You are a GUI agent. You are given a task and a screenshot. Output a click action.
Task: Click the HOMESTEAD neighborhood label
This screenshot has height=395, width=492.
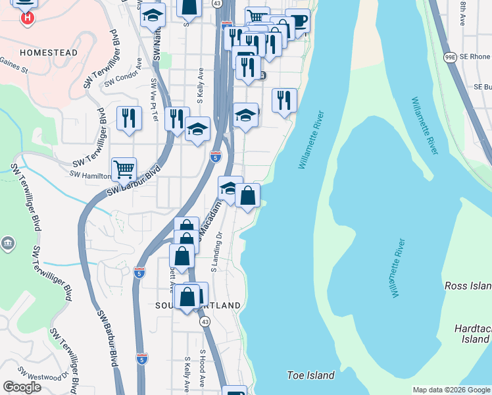coord(49,52)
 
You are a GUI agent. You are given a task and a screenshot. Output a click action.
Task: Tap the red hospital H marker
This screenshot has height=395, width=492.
coord(28,18)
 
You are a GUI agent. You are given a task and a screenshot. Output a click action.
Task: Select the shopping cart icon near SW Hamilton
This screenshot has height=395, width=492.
coord(124,169)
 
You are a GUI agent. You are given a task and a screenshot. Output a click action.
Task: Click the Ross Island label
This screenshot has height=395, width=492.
coord(468,286)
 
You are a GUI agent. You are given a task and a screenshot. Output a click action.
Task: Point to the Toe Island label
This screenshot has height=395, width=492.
coord(310,375)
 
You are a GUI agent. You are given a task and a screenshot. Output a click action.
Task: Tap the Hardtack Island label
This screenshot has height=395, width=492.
coord(472,333)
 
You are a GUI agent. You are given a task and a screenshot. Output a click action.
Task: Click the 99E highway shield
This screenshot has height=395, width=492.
coord(450,57)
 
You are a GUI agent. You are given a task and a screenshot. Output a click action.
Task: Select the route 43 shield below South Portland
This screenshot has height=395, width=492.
coord(205,322)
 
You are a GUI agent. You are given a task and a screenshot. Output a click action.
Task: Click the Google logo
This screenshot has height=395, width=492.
coord(22,387)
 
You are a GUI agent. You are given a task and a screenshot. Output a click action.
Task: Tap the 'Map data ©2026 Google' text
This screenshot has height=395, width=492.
coord(451,390)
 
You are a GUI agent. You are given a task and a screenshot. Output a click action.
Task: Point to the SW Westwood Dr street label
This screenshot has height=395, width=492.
coord(43,380)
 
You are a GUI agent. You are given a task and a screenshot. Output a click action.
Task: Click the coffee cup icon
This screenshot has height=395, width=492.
coord(298,21)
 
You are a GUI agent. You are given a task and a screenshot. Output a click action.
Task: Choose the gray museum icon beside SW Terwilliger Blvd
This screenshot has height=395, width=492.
coord(8,244)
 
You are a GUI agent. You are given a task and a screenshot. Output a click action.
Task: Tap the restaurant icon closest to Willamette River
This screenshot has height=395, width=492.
coord(283,101)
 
